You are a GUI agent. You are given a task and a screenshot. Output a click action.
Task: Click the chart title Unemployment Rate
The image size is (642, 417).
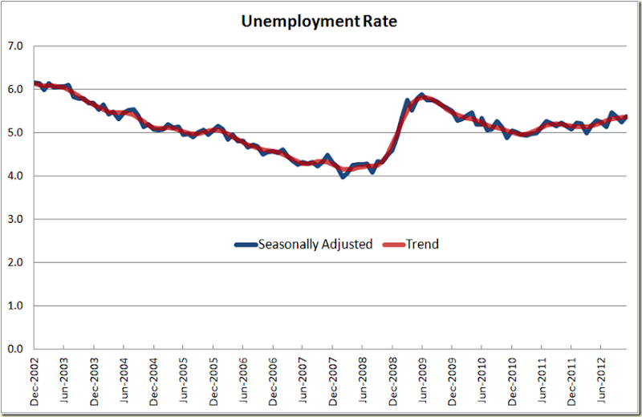(x=319, y=21)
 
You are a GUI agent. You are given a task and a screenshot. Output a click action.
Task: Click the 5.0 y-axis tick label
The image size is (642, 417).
(x=15, y=132)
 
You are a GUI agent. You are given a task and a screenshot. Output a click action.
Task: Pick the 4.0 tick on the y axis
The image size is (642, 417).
(x=15, y=176)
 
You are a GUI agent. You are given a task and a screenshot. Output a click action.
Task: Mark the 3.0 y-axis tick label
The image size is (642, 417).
(x=15, y=219)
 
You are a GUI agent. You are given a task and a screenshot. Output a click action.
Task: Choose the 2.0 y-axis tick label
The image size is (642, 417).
(x=15, y=262)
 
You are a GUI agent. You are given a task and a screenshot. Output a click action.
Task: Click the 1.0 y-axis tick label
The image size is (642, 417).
(x=15, y=306)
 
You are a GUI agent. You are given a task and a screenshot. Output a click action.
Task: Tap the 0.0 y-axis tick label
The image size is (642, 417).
(x=15, y=349)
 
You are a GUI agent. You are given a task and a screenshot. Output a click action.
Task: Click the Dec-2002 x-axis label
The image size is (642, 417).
(x=35, y=381)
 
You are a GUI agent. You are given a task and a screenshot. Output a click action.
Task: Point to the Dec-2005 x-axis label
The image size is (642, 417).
(x=213, y=381)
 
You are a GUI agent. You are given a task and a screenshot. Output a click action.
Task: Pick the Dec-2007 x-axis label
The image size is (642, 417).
(x=333, y=381)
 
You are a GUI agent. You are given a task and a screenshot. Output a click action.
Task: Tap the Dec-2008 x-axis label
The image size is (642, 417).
(x=392, y=381)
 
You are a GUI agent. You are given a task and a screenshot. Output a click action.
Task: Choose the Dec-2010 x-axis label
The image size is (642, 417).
(x=512, y=381)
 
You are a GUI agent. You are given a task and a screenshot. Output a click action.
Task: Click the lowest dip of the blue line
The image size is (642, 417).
(x=343, y=176)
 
